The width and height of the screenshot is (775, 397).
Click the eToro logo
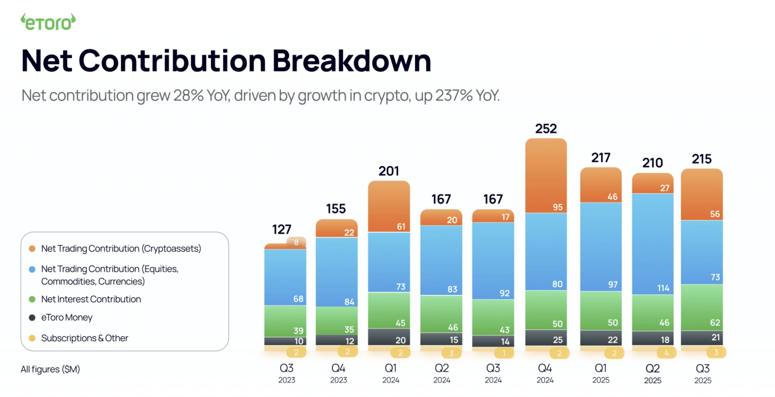(x=48, y=22)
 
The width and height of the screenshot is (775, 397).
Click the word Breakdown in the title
(x=352, y=61)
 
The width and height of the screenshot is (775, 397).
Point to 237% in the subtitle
(x=454, y=95)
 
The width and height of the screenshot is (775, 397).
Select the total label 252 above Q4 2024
(x=546, y=129)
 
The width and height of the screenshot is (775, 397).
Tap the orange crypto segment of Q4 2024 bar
(x=546, y=175)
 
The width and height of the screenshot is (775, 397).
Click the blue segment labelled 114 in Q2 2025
(x=653, y=243)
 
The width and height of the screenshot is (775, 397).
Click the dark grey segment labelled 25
(x=546, y=338)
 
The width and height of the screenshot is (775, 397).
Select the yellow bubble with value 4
(x=666, y=353)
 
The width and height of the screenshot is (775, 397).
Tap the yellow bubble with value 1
(x=504, y=353)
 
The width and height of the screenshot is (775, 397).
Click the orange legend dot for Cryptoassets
(x=32, y=249)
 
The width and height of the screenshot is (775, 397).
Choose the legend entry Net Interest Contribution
(x=91, y=299)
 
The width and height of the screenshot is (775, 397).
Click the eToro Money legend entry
(x=67, y=317)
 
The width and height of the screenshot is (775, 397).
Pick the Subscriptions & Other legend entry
(x=85, y=338)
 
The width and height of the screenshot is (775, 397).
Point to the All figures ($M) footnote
(x=50, y=369)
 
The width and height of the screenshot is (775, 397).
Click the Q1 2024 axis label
(x=390, y=373)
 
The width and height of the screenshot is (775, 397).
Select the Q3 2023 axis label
(x=286, y=373)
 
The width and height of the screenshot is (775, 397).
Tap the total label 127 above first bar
(x=282, y=230)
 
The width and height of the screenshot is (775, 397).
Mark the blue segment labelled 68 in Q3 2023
(x=285, y=277)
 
